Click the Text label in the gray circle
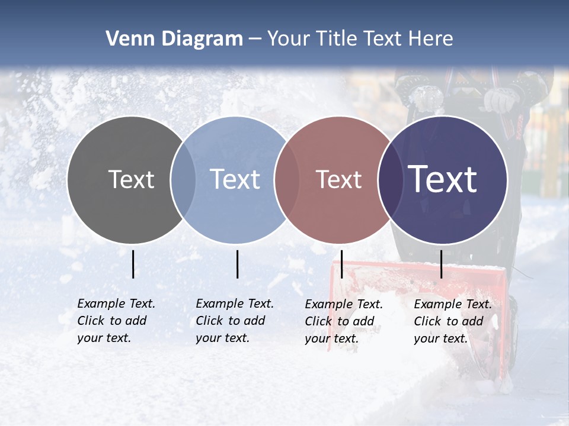pyautogui.click(x=131, y=179)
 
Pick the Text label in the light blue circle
pyautogui.click(x=235, y=179)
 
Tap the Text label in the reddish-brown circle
pyautogui.click(x=338, y=179)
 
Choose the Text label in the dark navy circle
pyautogui.click(x=443, y=179)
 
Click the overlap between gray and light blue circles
pyautogui.click(x=183, y=179)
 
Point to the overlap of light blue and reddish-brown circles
pyautogui.click(x=287, y=179)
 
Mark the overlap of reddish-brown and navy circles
pyautogui.click(x=391, y=179)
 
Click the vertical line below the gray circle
pyautogui.click(x=133, y=264)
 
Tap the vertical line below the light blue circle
pyautogui.click(x=237, y=264)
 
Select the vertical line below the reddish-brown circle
pyautogui.click(x=341, y=264)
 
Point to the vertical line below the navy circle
pyautogui.click(x=442, y=264)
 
